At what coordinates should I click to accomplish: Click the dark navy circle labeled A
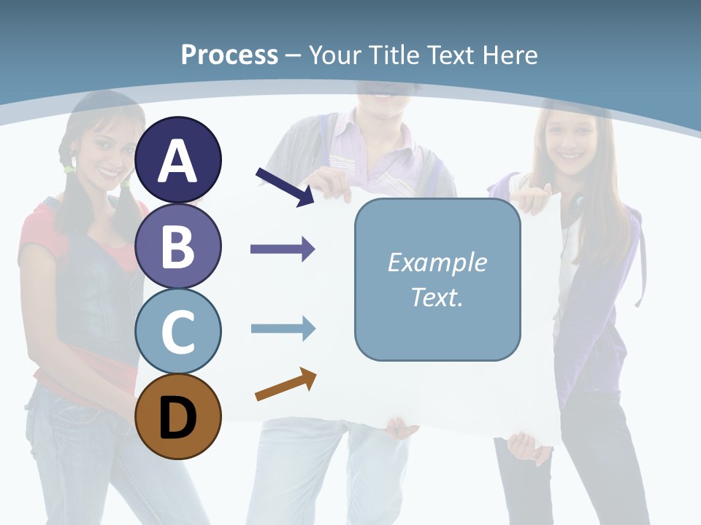177,160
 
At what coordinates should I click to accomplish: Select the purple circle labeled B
177,246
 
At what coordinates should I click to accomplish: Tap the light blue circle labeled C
177,331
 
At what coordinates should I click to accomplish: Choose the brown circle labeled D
177,416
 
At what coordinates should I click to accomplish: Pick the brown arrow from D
286,384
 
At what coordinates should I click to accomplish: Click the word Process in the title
229,55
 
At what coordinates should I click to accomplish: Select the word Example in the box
437,262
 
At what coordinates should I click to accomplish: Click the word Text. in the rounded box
437,297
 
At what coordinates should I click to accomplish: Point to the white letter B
177,246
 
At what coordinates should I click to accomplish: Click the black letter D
177,418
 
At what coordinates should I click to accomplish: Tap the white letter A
177,161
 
